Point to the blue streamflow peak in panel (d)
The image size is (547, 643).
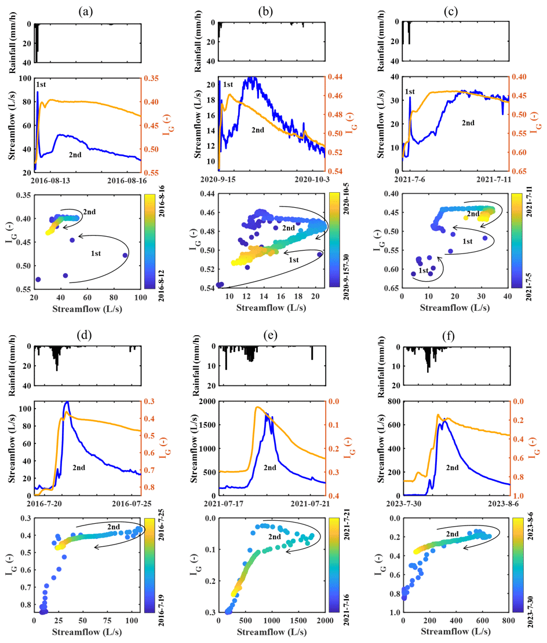(67, 402)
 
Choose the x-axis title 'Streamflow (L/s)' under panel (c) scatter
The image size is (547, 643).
(454, 308)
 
